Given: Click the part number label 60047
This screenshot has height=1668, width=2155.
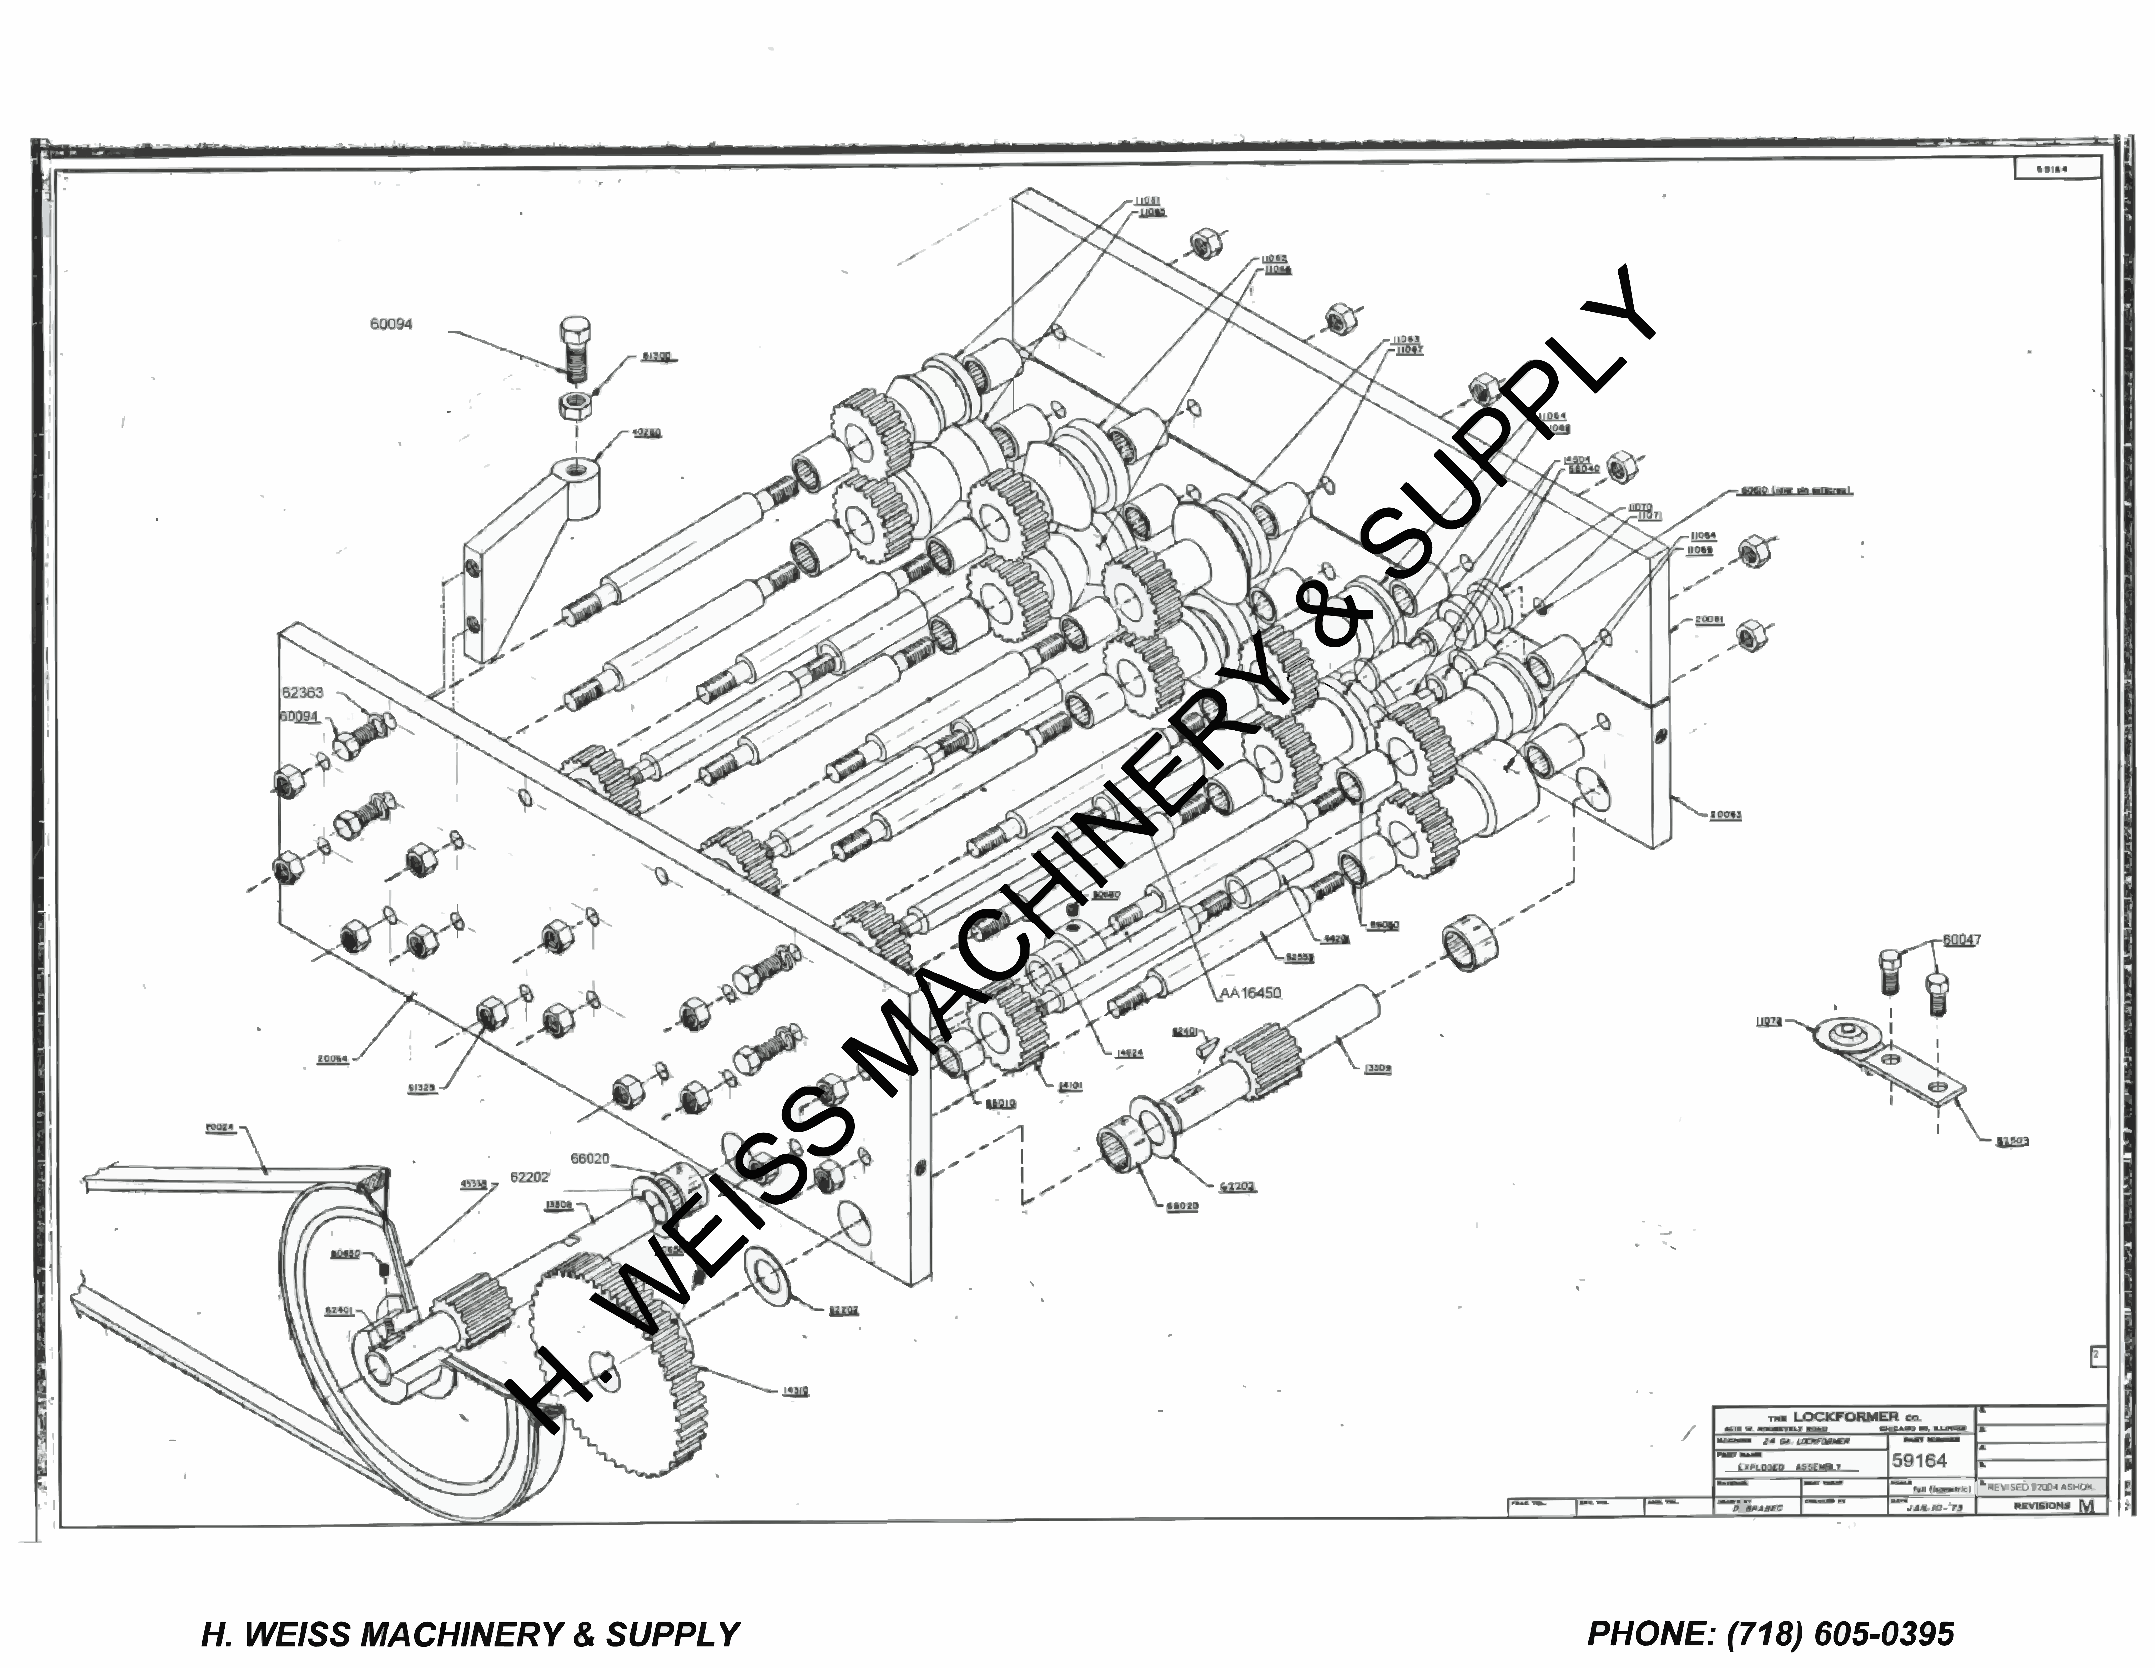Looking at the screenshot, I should (1962, 940).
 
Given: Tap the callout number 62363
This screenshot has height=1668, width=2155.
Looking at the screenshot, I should (302, 693).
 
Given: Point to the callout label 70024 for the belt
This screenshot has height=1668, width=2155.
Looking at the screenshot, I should (221, 1128).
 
